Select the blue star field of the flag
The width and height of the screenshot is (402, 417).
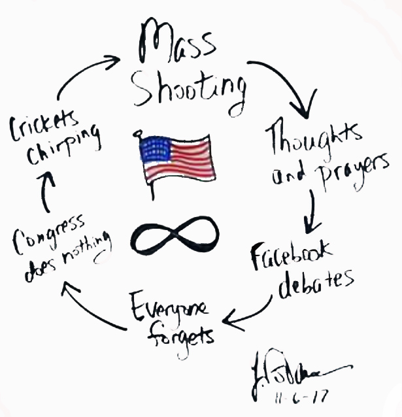[155, 151]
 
